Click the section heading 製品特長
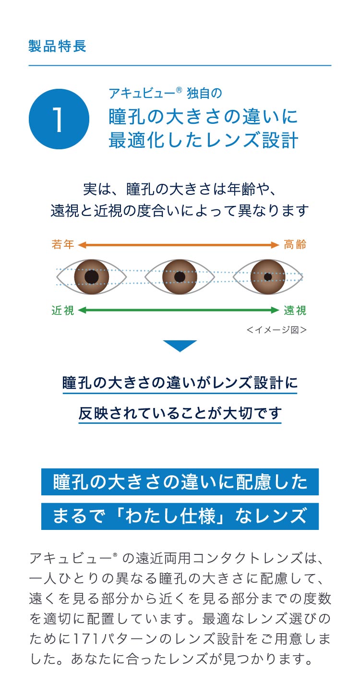coord(58,46)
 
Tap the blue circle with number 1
coord(59,119)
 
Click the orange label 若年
coord(63,245)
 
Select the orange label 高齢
coord(295,245)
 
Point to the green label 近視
coord(63,311)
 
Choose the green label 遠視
coord(295,311)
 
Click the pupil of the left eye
coord(92,277)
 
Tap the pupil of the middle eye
coord(180,277)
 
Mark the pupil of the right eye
coord(268,277)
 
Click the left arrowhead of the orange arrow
coord(81,245)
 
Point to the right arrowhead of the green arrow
coord(276,311)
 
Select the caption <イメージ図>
coord(276,330)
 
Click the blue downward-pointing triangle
coord(180,345)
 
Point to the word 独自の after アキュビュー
coord(204,93)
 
